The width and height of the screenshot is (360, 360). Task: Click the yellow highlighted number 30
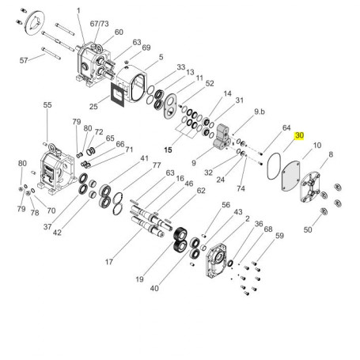coord(299,135)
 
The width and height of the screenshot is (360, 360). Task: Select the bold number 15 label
coord(168,150)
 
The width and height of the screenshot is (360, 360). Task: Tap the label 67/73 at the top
coord(99,24)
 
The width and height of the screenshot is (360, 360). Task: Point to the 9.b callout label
coord(260,112)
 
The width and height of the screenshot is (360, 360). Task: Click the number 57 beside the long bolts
coord(24,60)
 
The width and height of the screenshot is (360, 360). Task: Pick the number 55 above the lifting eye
coord(47,105)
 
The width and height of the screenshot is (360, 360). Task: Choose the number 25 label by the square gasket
coord(93,107)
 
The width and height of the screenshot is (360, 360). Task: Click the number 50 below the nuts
coord(308,229)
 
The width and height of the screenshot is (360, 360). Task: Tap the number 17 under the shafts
coord(109,262)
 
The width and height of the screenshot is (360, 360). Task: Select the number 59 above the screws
coord(279,236)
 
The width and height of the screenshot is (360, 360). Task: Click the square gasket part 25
coord(117,95)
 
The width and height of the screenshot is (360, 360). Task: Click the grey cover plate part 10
coord(290,176)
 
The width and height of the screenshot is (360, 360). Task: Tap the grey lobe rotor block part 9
coord(222,138)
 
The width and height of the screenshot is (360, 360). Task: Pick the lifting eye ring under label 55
coord(52,147)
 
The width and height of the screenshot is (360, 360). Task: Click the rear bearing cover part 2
coord(216,260)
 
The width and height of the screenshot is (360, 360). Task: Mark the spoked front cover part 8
coord(310,188)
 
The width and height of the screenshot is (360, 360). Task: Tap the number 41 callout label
coord(144,158)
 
